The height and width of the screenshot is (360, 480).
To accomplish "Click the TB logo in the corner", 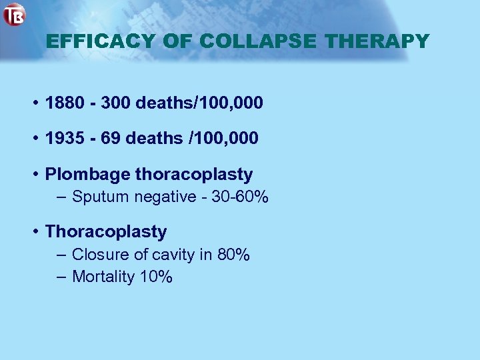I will [14, 15].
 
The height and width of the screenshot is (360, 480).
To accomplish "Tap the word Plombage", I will [87, 175].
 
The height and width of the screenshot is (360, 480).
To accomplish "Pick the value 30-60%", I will [240, 197].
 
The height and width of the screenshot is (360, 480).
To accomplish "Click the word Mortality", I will [103, 277].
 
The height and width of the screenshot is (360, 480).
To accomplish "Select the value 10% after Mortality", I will [156, 277].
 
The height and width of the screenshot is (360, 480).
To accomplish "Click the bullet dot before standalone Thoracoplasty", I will [34, 232].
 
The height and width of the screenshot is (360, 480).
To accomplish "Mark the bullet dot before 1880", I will [34, 103].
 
